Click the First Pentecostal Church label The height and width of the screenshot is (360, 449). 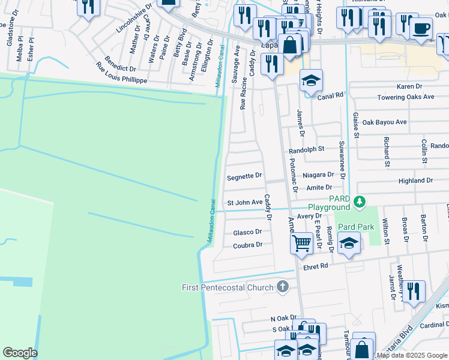228,287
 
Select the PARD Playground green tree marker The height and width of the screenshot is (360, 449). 360,201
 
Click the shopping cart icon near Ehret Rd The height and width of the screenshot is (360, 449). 301,242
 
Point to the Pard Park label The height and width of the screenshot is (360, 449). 356,227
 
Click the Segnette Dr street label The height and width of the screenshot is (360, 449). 244,176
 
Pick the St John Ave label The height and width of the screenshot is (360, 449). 244,202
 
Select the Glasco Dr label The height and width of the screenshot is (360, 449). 247,232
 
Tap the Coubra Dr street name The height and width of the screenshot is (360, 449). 247,245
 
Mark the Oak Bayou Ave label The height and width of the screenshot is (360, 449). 384,122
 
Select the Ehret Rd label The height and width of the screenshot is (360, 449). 316,266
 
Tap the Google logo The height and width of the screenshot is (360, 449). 20,352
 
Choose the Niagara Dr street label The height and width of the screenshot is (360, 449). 319,175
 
